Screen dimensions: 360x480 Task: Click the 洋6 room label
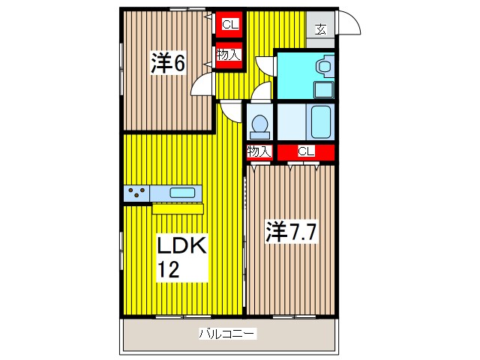(x=169, y=64)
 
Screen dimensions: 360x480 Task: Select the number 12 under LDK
(x=169, y=269)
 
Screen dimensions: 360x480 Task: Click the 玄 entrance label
(x=320, y=29)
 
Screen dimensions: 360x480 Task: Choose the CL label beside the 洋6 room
(x=229, y=25)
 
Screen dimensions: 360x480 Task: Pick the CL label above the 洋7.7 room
(x=305, y=152)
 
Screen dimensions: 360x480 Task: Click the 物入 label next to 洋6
(x=228, y=55)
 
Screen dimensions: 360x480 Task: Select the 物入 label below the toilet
(x=259, y=152)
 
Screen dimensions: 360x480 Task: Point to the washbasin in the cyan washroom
(x=324, y=67)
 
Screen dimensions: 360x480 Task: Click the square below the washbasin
(x=324, y=90)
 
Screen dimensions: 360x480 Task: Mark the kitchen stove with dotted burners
(x=137, y=193)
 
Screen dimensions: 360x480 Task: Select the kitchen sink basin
(x=183, y=192)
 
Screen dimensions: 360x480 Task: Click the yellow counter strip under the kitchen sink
(x=178, y=208)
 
